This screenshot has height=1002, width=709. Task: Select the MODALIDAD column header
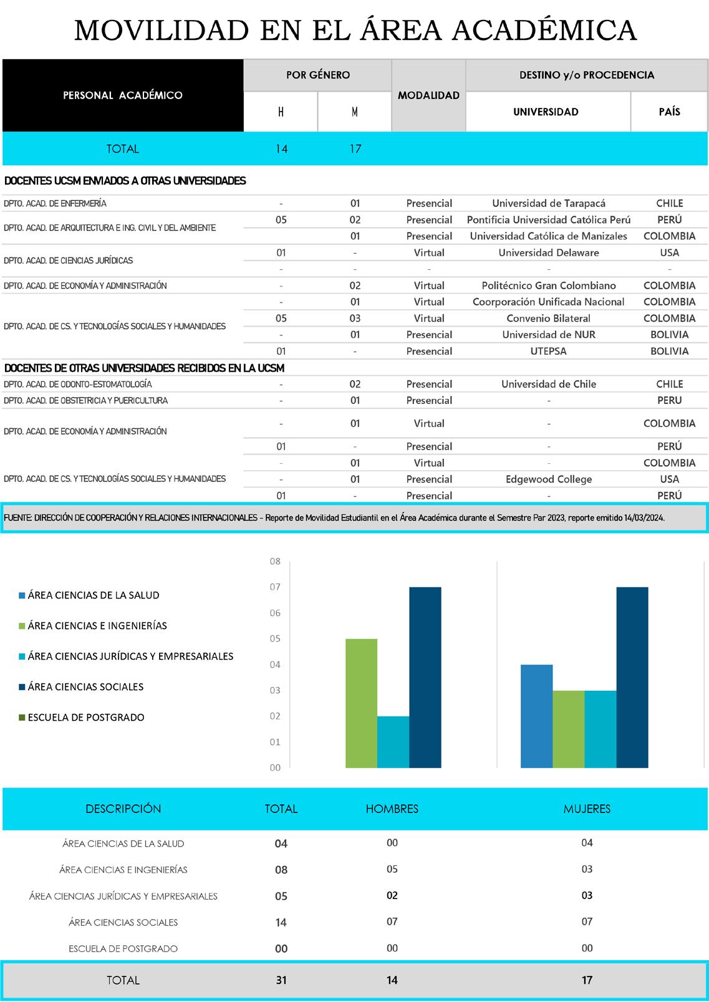[x=428, y=95]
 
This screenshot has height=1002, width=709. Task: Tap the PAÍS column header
[x=669, y=112]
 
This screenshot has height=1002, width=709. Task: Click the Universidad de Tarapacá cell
[x=549, y=203]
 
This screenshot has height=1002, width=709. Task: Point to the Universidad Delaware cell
[x=549, y=253]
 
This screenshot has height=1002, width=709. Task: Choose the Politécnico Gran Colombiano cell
[x=549, y=286]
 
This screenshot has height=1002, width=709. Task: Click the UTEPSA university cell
[x=549, y=351]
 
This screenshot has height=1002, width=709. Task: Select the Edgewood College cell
[x=549, y=479]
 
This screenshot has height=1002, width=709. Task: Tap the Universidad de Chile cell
[x=549, y=384]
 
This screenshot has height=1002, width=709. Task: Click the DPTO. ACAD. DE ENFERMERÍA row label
[x=55, y=203]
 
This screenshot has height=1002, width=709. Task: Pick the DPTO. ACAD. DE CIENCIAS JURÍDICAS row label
[x=68, y=261]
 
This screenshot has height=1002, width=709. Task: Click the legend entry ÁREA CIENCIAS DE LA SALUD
[x=93, y=595]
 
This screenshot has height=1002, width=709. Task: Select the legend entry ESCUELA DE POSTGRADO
[x=85, y=717]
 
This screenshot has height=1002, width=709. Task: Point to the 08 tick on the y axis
[x=275, y=561]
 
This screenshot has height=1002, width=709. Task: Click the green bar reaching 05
[x=361, y=703]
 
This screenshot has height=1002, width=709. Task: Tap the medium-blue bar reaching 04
[x=537, y=716]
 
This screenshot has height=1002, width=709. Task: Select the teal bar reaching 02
[x=393, y=742]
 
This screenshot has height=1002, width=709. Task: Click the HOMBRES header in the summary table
[x=392, y=809]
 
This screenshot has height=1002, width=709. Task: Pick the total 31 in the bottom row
[x=281, y=980]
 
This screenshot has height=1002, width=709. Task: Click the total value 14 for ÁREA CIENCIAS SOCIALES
[x=281, y=922]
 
